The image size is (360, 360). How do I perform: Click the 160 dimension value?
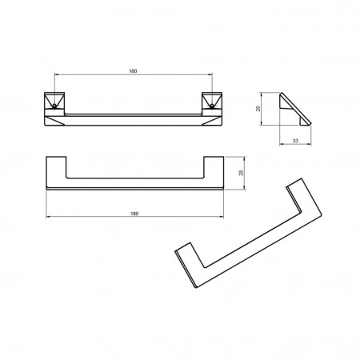pos(133,71)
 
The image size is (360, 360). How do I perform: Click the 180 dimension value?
pos(134,214)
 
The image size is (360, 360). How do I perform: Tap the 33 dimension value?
pos(295,141)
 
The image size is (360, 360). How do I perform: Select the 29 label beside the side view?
pos(258,109)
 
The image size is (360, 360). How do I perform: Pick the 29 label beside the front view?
pos(242,173)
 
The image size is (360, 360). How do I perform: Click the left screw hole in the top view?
pos(54,106)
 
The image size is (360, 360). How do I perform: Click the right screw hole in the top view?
pos(212,106)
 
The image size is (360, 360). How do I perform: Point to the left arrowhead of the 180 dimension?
pos(48,217)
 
